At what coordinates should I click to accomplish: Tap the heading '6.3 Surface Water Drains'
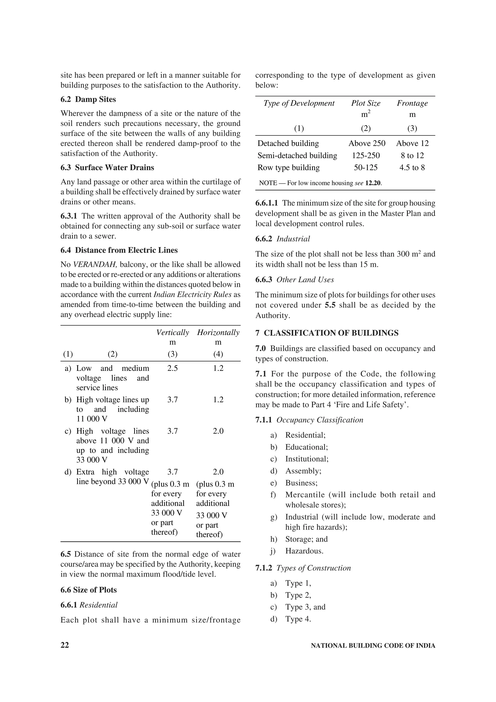[107, 168]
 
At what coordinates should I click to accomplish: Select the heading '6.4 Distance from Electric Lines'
[119, 250]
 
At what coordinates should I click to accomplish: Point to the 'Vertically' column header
[172, 332]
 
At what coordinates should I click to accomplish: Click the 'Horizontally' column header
[218, 332]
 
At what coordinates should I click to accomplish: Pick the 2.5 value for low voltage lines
[172, 368]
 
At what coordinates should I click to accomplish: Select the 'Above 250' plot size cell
[367, 143]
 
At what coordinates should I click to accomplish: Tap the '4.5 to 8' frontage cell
[412, 168]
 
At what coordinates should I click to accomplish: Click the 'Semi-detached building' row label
[297, 156]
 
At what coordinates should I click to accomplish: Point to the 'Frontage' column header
[412, 103]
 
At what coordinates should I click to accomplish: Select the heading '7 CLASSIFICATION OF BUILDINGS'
[327, 333]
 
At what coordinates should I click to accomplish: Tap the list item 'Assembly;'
[303, 471]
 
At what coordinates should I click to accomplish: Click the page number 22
[65, 645]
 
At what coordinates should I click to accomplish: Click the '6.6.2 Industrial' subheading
[282, 239]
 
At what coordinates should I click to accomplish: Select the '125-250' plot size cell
[365, 156]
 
